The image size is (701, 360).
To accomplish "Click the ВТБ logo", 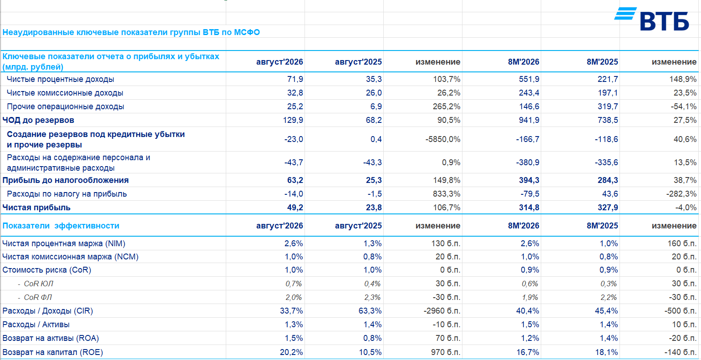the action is [651, 19].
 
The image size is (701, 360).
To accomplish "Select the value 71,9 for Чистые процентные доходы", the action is [295, 79].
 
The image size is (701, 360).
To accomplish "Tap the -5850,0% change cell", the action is [443, 139].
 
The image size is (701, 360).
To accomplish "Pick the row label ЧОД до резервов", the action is [38, 120].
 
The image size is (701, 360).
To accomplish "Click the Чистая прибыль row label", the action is [36, 208].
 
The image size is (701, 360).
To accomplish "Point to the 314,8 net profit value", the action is [529, 208].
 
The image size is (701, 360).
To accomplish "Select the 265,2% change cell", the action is [447, 106].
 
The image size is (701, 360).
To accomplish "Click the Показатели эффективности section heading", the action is [61, 225].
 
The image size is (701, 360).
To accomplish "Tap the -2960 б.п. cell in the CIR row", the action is [442, 311].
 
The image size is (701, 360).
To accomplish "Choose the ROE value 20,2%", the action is [291, 352].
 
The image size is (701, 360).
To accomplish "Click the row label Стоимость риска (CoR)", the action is [46, 270].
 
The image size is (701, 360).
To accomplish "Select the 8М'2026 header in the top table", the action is [523, 62].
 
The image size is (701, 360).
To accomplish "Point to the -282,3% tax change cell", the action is [681, 194].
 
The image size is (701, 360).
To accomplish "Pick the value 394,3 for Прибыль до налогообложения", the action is [529, 180].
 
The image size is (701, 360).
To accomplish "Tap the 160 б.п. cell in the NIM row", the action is [682, 243].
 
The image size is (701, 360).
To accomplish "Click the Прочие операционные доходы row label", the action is [66, 106].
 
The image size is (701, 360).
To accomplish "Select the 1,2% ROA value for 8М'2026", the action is [530, 338].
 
